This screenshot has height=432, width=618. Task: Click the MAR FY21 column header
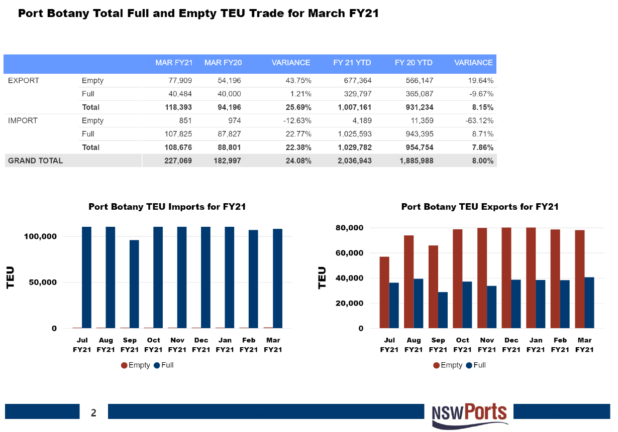(173, 63)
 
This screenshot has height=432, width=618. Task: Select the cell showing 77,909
(178, 80)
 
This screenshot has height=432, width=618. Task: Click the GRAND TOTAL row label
(35, 161)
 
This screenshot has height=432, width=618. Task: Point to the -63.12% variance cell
(480, 120)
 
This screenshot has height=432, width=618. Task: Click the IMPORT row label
(23, 120)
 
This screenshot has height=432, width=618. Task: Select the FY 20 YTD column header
(414, 63)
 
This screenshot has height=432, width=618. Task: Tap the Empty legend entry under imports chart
(136, 365)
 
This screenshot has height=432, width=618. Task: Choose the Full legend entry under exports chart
(476, 365)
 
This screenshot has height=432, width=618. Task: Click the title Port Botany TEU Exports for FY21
(480, 207)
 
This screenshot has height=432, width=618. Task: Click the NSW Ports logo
(470, 414)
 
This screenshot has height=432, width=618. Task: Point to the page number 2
(93, 413)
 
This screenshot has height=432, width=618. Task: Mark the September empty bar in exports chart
(433, 286)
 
